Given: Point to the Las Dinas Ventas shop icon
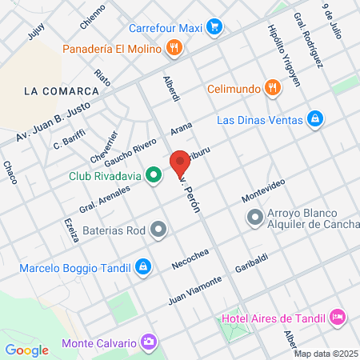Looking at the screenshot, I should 316,120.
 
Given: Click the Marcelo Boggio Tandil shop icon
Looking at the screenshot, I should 143,266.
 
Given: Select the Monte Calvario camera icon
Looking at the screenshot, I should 149,342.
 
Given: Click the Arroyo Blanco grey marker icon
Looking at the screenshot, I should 255,217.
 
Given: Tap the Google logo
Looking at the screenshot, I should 26,349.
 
